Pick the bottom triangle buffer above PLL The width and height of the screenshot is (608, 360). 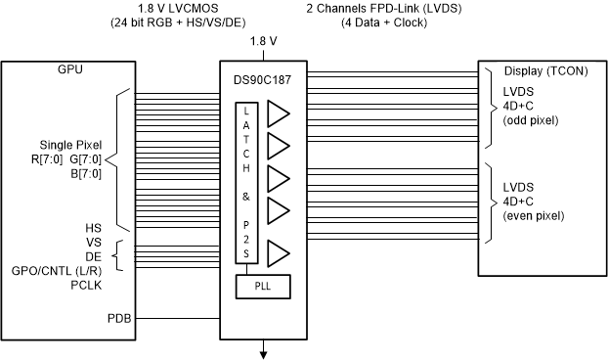[279, 253]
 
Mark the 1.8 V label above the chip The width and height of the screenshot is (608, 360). [262, 41]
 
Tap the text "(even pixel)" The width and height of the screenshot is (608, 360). [533, 212]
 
